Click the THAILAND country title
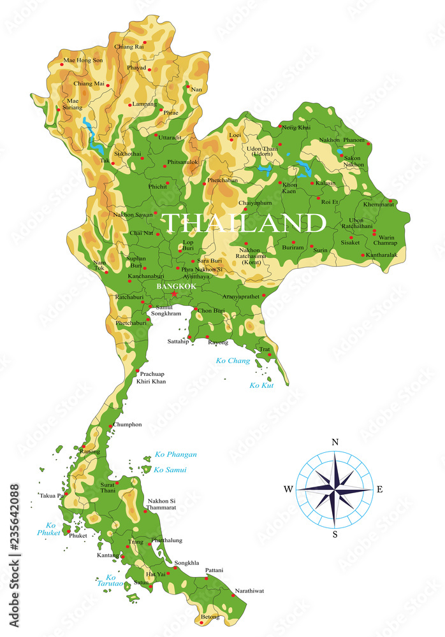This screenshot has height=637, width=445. coord(244,223)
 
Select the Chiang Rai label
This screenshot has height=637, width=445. coord(129,47)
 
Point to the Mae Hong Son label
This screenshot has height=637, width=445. coord(82,61)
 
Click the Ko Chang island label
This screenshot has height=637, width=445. coord(233,361)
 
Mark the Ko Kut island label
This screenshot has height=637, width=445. coord(261,385)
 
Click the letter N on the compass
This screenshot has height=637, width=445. coord(335,442)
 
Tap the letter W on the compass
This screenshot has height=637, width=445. coord(288,489)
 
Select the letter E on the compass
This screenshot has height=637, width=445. coord(380,489)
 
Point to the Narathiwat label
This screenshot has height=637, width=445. coord(249,590)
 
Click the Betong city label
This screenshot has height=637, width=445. coord(210,617)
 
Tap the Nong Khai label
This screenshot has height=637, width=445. coord(296,127)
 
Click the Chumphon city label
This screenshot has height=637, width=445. coord(128,424)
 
